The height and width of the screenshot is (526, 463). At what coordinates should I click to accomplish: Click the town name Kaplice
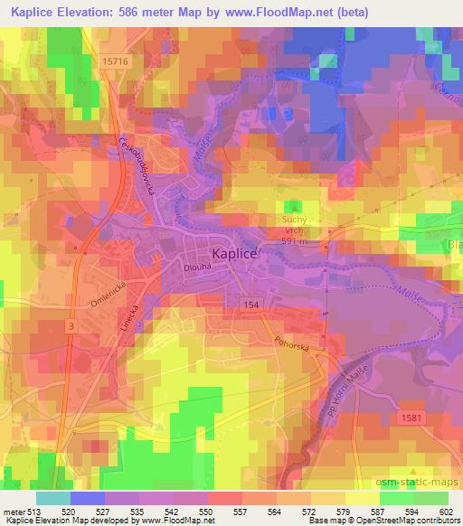pos(235,255)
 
